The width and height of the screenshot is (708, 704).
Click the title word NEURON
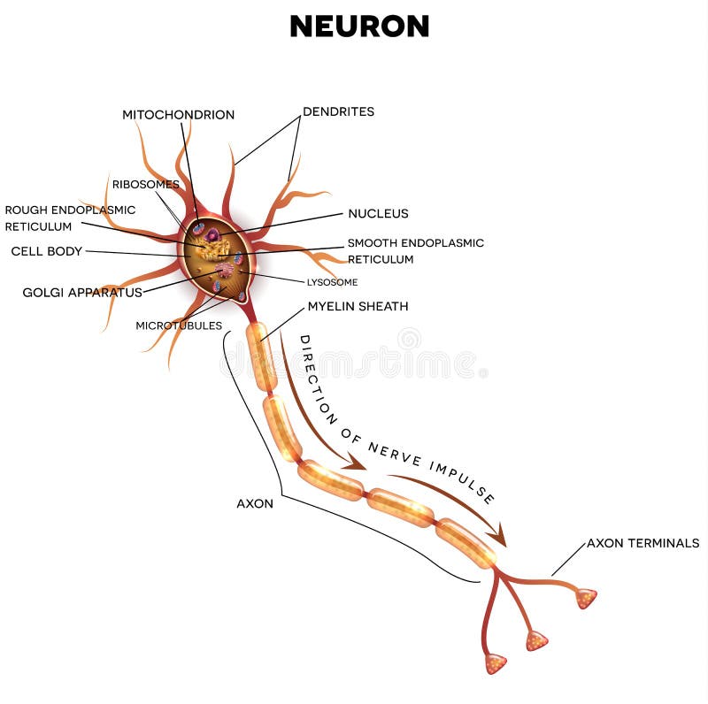click(x=359, y=27)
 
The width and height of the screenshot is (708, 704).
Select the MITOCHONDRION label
click(x=178, y=115)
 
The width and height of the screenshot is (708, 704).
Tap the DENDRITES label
click(x=338, y=111)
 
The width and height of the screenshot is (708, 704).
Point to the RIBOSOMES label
click(x=145, y=185)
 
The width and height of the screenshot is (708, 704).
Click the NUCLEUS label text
click(x=378, y=213)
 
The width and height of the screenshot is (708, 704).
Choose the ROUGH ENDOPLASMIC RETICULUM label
click(x=70, y=218)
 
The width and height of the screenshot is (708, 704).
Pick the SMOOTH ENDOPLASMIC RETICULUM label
click(x=415, y=251)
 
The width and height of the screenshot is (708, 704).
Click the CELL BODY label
click(x=46, y=251)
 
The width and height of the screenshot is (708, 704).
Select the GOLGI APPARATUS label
click(x=82, y=292)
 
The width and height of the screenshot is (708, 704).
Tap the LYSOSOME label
click(x=332, y=282)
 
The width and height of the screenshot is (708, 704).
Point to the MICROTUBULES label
click(x=179, y=325)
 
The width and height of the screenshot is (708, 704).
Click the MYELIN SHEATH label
click(x=358, y=306)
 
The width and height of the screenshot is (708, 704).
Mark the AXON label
click(x=255, y=503)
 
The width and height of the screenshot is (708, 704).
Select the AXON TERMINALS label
click(x=643, y=543)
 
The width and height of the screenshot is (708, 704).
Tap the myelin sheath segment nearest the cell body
click(x=261, y=356)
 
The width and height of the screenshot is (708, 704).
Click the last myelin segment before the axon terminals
click(x=466, y=542)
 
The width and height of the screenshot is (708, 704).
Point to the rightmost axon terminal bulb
click(x=586, y=599)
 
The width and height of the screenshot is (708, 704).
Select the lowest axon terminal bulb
click(x=496, y=663)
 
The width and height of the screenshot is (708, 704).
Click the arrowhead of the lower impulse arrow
click(x=500, y=536)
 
